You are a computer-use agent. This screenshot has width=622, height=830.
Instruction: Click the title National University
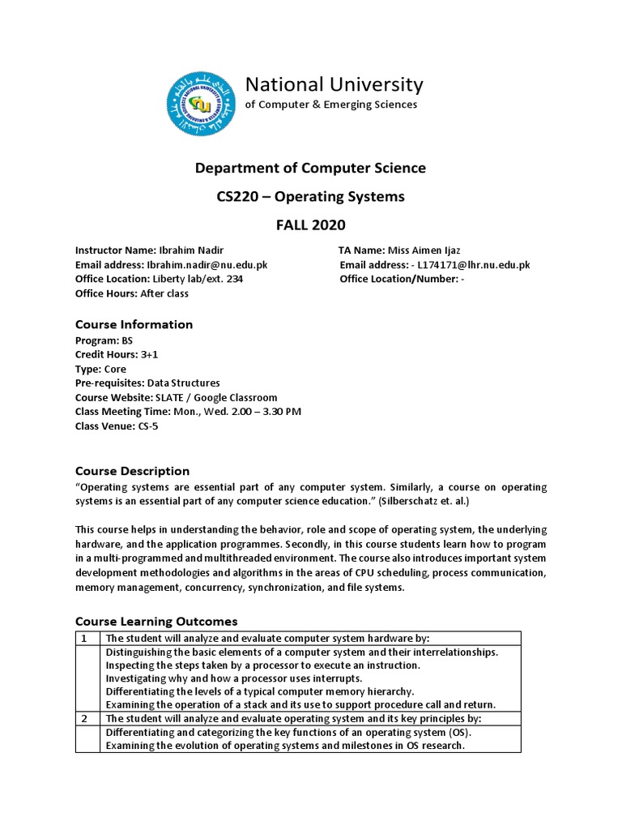coord(334,84)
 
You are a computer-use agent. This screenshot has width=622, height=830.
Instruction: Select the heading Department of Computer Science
coord(310,168)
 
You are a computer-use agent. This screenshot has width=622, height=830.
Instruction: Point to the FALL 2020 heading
coord(311,225)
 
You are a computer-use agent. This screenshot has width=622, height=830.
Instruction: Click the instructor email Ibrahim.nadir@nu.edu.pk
coord(207,265)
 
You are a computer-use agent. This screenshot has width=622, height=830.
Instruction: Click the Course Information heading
coord(134,324)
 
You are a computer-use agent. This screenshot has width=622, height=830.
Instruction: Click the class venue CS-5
coord(149,426)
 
